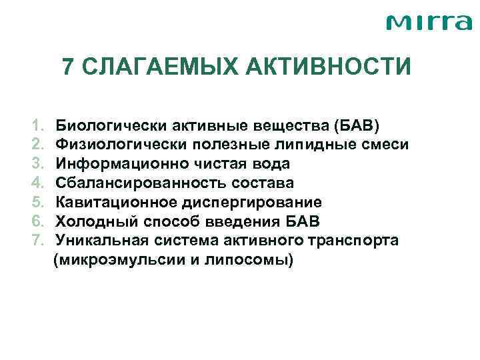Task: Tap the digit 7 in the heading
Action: pyautogui.click(x=68, y=67)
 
